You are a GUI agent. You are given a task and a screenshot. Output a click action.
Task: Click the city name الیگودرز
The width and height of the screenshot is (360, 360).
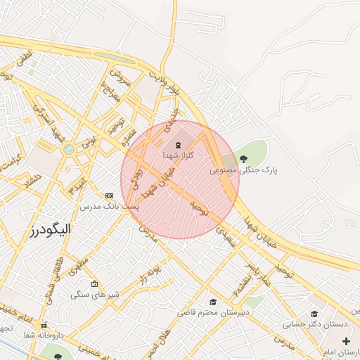53,230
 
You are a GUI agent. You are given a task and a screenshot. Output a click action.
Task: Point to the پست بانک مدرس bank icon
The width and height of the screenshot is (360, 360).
109,195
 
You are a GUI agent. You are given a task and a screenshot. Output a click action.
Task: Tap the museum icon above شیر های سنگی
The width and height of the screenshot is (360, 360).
94,283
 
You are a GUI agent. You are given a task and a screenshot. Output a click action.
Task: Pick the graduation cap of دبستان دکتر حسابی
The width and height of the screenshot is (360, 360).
314,314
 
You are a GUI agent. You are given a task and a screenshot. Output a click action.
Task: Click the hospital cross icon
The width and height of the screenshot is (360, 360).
345,341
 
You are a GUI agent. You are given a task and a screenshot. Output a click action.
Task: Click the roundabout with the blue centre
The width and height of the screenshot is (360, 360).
68,149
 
